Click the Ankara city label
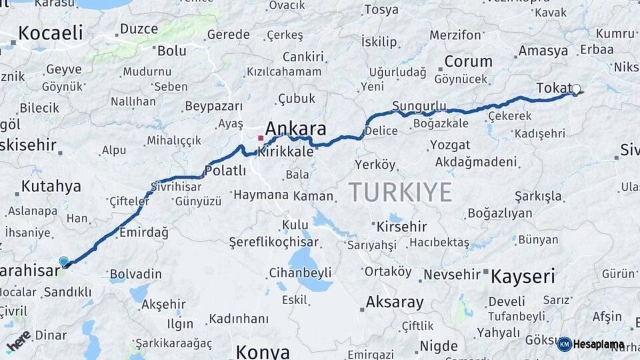point(295,128)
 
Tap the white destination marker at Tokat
point(576,89)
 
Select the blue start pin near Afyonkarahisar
point(63,262)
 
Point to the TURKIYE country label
point(400,192)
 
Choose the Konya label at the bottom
point(263,351)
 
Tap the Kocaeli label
point(51,33)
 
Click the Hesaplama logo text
point(598,345)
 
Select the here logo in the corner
point(18,340)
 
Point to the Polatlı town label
point(225,171)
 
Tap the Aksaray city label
point(394,302)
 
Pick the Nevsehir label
point(452,275)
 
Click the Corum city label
point(468,61)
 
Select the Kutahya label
point(51,186)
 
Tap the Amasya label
point(543,51)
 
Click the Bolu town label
point(171,50)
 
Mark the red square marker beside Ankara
point(261,138)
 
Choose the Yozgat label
point(450,145)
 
